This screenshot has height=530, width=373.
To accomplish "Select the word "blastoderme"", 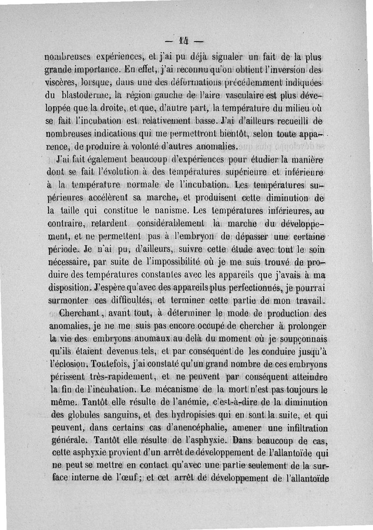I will point(75,96).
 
